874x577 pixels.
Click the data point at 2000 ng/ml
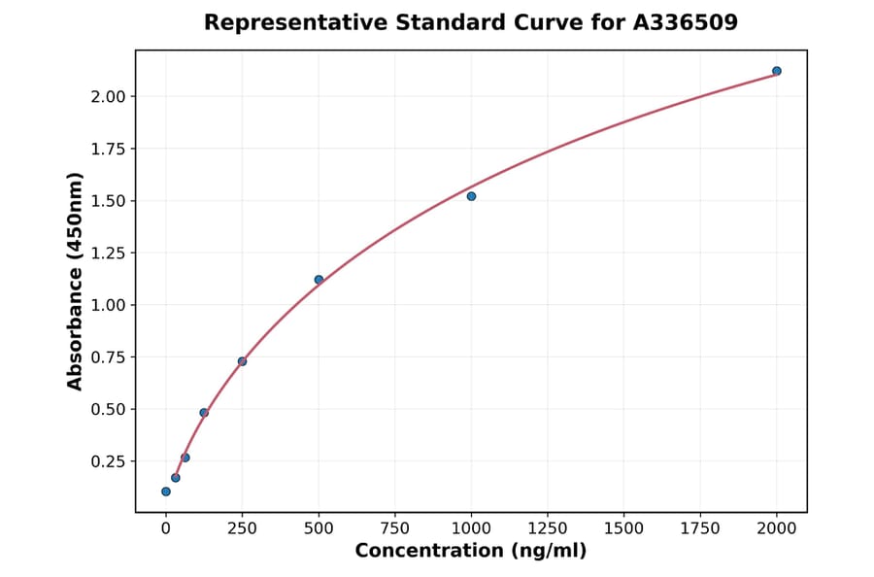point(776,71)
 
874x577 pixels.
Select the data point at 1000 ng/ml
point(471,196)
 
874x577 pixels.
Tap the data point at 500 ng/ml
point(319,280)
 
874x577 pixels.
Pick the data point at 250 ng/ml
point(242,361)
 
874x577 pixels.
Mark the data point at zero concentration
point(166,492)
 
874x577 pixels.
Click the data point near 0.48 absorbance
point(204,413)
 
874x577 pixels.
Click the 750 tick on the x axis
point(394,528)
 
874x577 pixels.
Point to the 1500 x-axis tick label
point(623,528)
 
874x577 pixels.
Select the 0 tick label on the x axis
point(166,528)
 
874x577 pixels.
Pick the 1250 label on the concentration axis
point(548,528)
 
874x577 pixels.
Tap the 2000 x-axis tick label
point(776,528)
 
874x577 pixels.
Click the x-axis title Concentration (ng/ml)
point(470,552)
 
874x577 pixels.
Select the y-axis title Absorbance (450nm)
point(75,282)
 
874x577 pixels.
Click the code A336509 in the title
point(686,22)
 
